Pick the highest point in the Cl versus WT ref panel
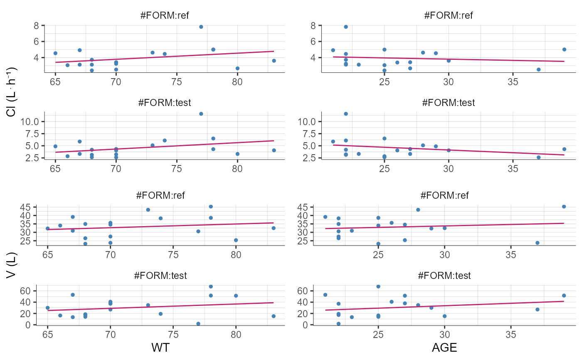(201, 27)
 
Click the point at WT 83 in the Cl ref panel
(274, 61)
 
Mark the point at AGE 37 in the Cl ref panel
(538, 69)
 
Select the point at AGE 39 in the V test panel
(564, 296)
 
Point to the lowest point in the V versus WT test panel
(198, 323)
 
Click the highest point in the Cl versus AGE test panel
(345, 113)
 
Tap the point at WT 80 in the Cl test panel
(237, 154)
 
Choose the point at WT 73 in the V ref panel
(148, 210)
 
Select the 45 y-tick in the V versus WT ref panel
(25, 207)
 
